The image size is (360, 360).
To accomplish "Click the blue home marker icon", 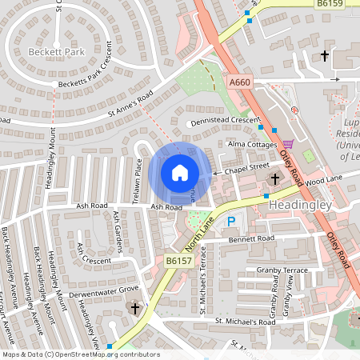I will (x=180, y=172).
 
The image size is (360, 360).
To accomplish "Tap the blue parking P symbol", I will (x=232, y=221).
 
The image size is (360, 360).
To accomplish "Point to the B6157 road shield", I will (x=177, y=261).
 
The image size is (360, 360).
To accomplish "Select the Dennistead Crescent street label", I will (x=225, y=122).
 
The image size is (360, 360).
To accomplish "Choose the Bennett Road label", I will (x=252, y=238).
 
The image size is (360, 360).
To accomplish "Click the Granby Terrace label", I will (x=281, y=271).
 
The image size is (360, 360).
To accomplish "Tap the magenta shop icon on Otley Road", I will (x=288, y=144).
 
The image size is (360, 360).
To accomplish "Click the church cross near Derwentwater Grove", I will (x=135, y=308).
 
